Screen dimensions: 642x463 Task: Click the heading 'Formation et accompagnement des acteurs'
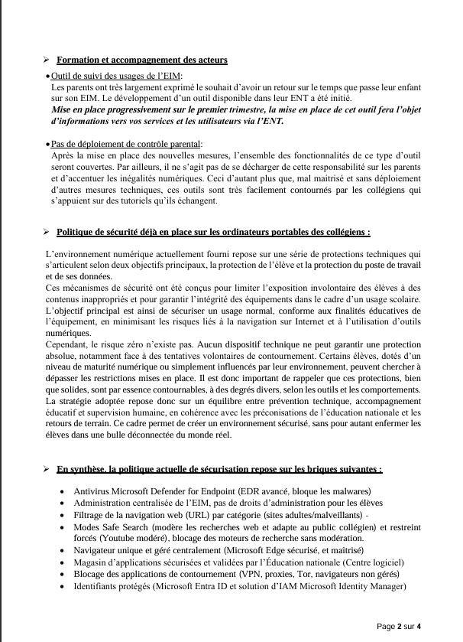[141, 60]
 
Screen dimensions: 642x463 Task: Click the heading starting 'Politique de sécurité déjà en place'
[213, 233]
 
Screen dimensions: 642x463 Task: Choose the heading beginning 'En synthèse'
[219, 469]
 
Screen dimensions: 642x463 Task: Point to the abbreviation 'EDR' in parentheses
[252, 491]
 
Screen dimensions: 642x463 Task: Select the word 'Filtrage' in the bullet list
[90, 515]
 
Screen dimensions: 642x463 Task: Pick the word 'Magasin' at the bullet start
[91, 562]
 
